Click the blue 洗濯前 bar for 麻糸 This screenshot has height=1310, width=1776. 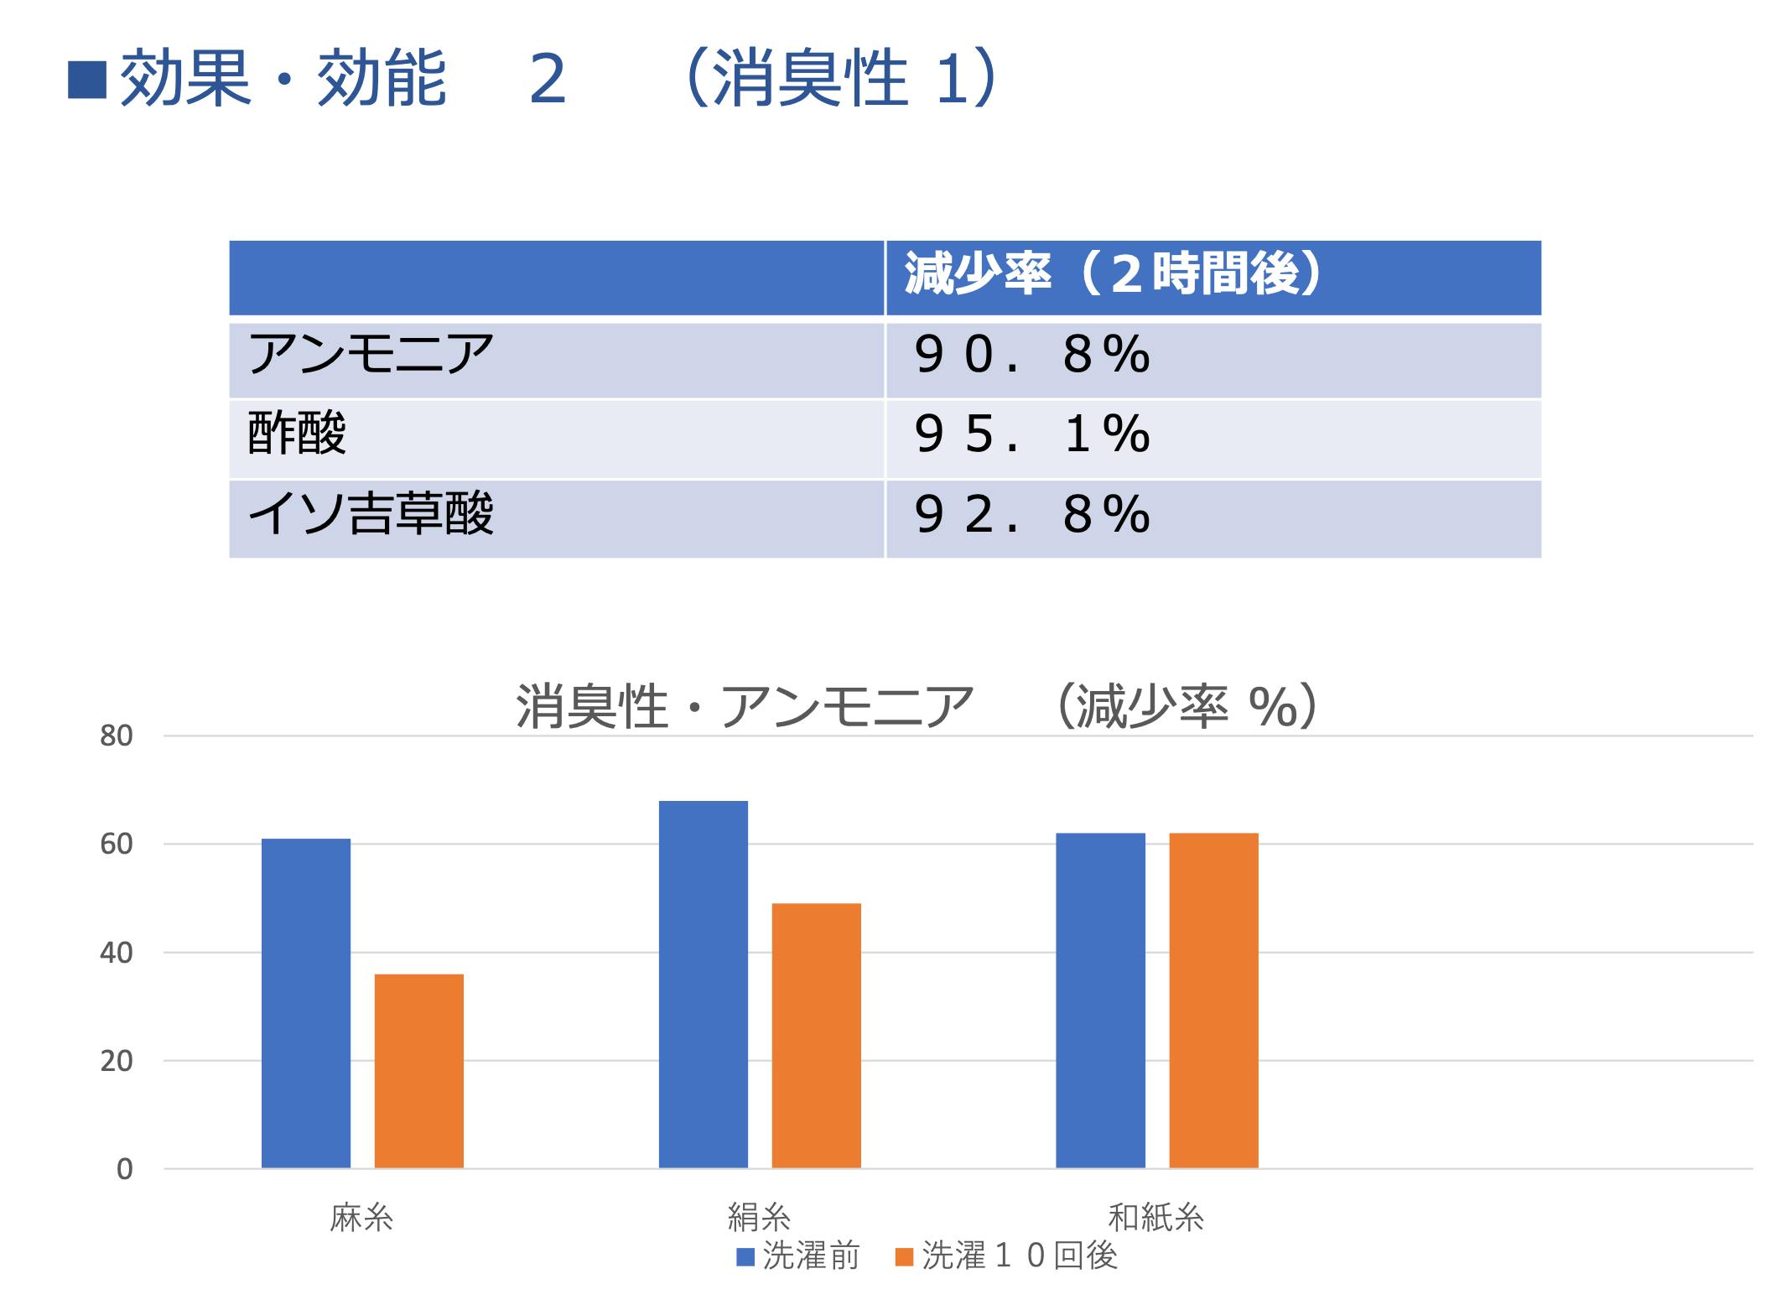305,1003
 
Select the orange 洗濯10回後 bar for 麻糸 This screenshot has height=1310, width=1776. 418,1071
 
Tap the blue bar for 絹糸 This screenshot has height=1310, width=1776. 703,985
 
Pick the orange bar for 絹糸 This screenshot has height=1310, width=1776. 816,1036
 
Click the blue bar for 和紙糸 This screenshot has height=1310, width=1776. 1100,1001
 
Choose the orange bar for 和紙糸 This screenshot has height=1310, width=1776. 1213,1001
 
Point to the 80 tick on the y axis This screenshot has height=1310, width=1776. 117,736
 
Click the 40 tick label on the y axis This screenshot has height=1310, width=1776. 117,953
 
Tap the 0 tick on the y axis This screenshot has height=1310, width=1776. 124,1169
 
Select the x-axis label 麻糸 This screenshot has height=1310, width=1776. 361,1218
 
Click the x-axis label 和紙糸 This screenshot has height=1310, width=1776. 1155,1218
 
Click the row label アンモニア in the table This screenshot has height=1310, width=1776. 371,355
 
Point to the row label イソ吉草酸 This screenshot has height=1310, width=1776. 371,514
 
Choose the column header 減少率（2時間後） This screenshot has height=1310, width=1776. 1112,275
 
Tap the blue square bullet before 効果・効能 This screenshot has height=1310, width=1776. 87,81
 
